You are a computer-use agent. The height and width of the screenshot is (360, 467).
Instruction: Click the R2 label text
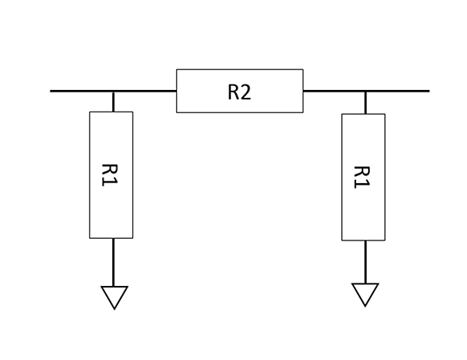(x=239, y=92)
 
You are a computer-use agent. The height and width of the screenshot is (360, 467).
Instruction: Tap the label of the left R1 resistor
(x=110, y=175)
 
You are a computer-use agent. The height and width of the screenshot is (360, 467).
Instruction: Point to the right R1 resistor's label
(x=362, y=177)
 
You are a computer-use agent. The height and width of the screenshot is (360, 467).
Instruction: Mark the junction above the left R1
(x=113, y=91)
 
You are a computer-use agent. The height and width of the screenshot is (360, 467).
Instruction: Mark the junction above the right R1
(x=366, y=91)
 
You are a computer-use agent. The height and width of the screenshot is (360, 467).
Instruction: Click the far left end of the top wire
(x=51, y=91)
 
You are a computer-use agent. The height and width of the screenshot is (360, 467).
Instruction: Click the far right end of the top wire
(x=429, y=91)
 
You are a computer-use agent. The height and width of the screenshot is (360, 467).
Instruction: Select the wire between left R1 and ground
(x=113, y=262)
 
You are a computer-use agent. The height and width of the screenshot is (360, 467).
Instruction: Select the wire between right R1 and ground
(x=366, y=262)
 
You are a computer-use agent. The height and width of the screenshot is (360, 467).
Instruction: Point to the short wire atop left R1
(x=113, y=102)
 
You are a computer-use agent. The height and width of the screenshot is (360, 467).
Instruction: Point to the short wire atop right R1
(x=366, y=103)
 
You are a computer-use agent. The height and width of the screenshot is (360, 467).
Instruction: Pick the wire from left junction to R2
(x=145, y=91)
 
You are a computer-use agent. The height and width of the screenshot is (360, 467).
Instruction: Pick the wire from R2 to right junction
(x=334, y=91)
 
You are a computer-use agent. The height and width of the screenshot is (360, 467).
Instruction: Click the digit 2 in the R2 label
(x=245, y=92)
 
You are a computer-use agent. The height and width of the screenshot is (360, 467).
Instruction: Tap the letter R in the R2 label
(x=233, y=92)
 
